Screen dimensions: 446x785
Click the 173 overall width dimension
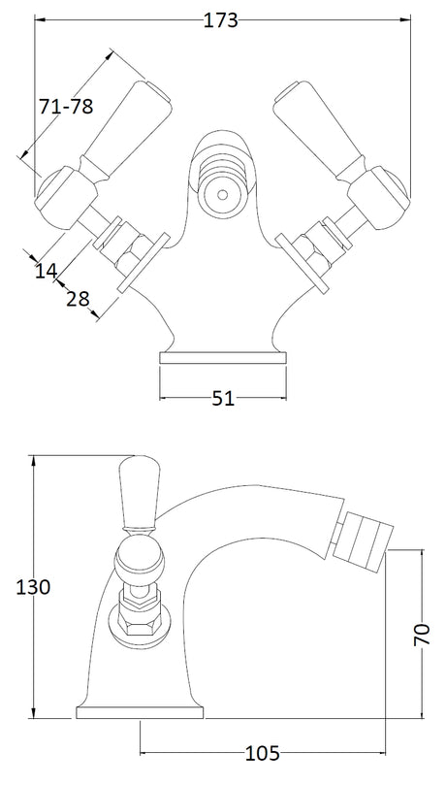(220, 20)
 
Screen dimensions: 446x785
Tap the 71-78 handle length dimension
(66, 106)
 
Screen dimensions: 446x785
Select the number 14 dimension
(46, 271)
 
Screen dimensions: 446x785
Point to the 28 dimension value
(78, 299)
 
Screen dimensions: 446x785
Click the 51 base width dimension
(223, 399)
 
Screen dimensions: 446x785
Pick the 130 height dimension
(33, 587)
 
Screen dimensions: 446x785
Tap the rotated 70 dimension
(423, 635)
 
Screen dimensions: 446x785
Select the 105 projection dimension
(263, 752)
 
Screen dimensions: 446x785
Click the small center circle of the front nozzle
(222, 195)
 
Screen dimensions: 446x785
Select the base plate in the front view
(223, 357)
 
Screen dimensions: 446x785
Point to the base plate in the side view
(140, 712)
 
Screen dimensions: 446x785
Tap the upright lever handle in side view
(140, 493)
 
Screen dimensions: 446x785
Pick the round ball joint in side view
(140, 561)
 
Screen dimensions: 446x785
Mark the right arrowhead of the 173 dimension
(405, 20)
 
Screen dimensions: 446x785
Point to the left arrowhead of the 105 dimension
(146, 752)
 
